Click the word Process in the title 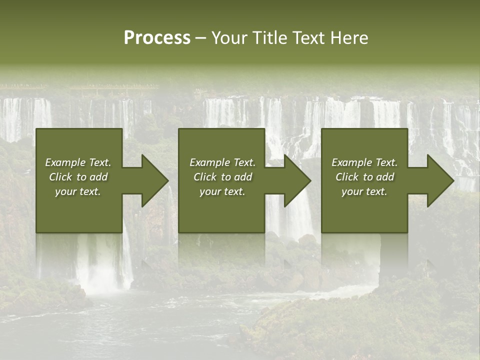157,38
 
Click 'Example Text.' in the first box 78,162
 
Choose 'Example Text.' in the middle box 222,162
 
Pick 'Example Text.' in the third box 364,162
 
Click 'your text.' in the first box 78,191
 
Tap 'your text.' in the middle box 222,191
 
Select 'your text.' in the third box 364,191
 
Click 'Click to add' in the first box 78,177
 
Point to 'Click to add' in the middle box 222,177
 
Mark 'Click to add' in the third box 364,177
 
